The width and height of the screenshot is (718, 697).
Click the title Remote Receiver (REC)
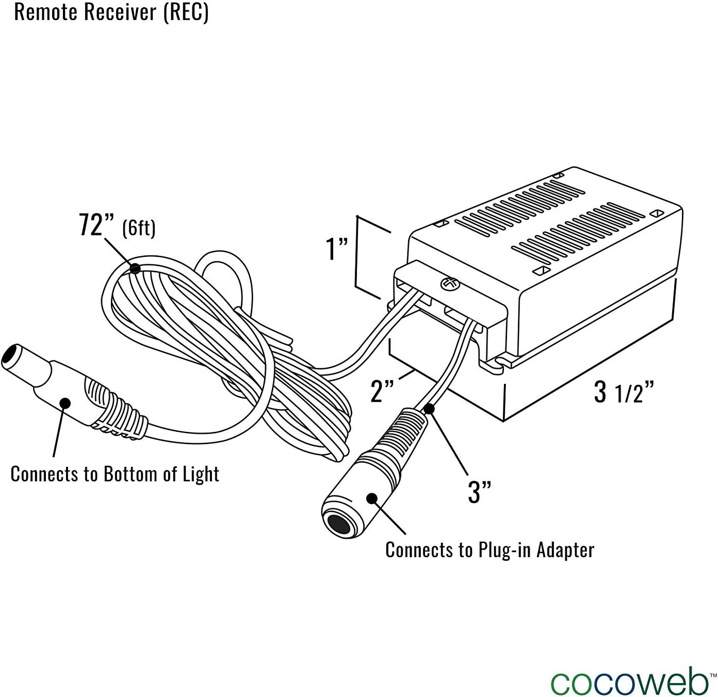click(x=111, y=11)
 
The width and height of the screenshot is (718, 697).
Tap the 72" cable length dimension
click(x=91, y=225)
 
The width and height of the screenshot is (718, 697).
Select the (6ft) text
click(x=139, y=228)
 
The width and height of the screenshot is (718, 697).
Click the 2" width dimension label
click(x=383, y=391)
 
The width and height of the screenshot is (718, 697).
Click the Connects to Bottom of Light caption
click(x=115, y=474)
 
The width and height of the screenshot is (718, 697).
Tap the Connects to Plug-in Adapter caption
click(x=489, y=550)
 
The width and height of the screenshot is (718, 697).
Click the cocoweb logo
click(x=629, y=682)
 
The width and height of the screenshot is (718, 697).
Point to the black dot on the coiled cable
click(x=135, y=268)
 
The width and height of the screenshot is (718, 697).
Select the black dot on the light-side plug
click(x=64, y=403)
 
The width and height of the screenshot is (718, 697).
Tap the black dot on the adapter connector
click(x=371, y=498)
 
